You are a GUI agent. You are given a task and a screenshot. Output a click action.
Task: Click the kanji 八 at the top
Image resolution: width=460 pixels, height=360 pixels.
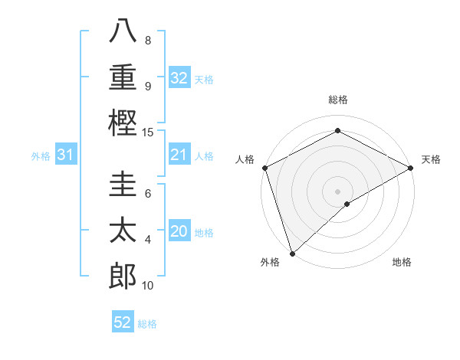[x=122, y=32]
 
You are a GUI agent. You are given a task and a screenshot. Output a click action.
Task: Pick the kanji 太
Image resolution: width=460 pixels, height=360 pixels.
[x=122, y=230]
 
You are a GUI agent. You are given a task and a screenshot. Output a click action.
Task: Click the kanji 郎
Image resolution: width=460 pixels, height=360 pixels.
[x=122, y=274]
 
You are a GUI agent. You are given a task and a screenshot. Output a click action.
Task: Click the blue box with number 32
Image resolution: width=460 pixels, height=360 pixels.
[x=179, y=77]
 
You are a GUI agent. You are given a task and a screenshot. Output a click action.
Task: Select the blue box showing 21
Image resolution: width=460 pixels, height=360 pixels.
[x=179, y=155]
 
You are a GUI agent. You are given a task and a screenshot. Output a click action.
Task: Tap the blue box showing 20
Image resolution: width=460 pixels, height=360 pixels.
[x=179, y=232]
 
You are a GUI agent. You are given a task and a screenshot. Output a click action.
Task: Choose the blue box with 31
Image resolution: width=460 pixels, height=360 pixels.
[x=66, y=155]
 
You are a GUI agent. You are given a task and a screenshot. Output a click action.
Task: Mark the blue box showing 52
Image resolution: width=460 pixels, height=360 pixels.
[x=123, y=322]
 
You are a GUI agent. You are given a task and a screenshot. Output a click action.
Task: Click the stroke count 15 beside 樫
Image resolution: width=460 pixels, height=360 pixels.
[x=148, y=133]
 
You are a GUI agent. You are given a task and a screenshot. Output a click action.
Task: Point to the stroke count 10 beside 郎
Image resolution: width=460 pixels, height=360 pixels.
[x=148, y=286]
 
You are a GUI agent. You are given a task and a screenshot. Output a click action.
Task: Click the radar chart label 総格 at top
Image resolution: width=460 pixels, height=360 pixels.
[x=338, y=100]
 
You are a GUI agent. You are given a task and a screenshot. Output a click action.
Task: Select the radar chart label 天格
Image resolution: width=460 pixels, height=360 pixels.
[x=431, y=159]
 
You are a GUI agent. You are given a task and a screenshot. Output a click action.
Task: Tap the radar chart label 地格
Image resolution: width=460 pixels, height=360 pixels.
[x=402, y=262]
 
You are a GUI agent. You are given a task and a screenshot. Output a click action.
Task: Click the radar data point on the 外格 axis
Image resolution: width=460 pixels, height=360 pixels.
[x=291, y=253]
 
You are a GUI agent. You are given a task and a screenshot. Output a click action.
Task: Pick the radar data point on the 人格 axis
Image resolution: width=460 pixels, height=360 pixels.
[x=264, y=167]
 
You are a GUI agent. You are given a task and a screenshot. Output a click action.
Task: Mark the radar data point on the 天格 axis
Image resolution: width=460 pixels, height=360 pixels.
[x=411, y=167]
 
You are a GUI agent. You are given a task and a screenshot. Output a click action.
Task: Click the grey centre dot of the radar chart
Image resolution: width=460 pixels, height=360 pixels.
[x=337, y=191]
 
